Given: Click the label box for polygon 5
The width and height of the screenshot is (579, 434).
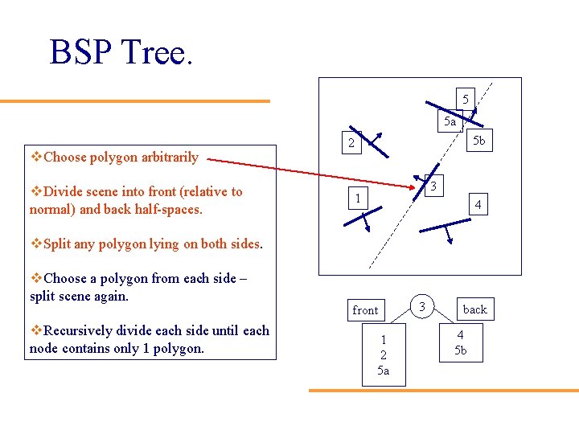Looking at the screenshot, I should tap(465, 99).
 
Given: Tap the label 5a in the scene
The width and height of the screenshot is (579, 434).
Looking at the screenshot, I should tap(450, 122).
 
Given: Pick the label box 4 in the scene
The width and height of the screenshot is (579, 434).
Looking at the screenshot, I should tap(478, 205).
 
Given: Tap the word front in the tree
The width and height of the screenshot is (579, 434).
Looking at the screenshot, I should tap(365, 310).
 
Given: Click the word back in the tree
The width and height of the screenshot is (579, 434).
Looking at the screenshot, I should tap(474, 309).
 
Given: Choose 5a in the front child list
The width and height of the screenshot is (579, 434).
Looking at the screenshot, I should tap(384, 371).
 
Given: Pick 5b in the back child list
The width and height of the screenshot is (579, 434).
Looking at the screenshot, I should tap(460, 350).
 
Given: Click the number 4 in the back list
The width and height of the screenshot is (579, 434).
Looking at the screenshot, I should tap(460, 335).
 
